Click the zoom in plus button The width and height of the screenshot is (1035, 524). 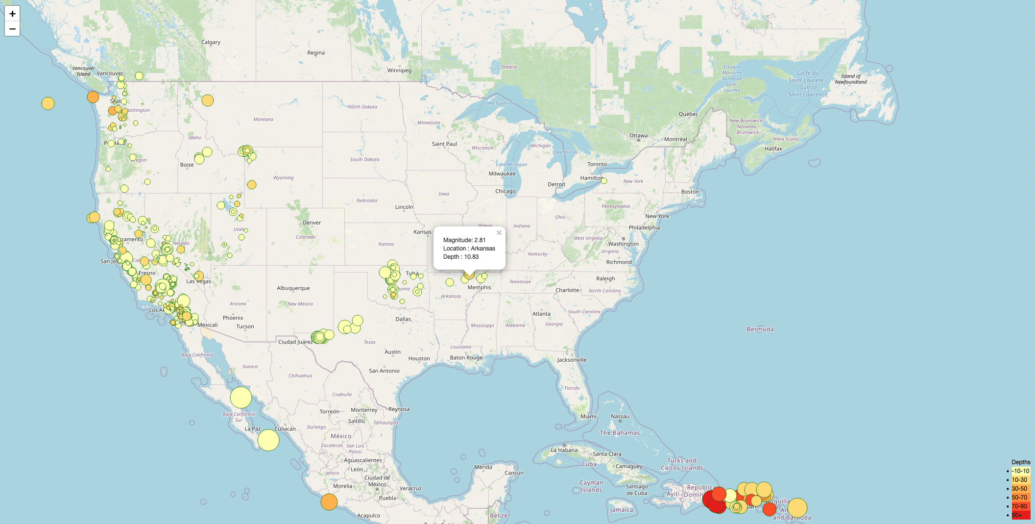click(x=12, y=14)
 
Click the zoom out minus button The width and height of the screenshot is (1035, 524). click(x=12, y=29)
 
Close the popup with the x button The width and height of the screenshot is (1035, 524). click(x=499, y=233)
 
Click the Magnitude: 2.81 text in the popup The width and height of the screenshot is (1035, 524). click(x=464, y=240)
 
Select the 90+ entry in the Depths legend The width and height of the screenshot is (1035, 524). click(x=1017, y=515)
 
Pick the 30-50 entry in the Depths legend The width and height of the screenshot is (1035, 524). click(x=1019, y=489)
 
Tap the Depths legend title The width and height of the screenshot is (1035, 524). click(x=1021, y=462)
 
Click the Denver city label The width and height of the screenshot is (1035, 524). click(x=312, y=223)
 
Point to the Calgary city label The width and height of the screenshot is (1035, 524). click(x=211, y=42)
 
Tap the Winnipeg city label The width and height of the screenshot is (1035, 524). click(x=399, y=71)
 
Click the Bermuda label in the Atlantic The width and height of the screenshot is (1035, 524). click(x=760, y=329)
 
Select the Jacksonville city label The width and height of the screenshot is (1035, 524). click(x=572, y=360)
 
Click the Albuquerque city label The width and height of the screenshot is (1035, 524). click(x=293, y=288)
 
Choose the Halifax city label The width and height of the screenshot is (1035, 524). click(x=773, y=149)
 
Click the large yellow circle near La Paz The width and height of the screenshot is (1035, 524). click(x=268, y=440)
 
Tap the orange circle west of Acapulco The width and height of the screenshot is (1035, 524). click(x=329, y=502)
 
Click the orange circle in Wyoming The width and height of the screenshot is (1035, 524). click(x=252, y=185)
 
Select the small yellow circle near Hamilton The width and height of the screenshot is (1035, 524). click(x=604, y=181)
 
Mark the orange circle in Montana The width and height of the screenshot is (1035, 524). click(x=208, y=100)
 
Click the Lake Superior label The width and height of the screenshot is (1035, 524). click(x=499, y=103)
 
